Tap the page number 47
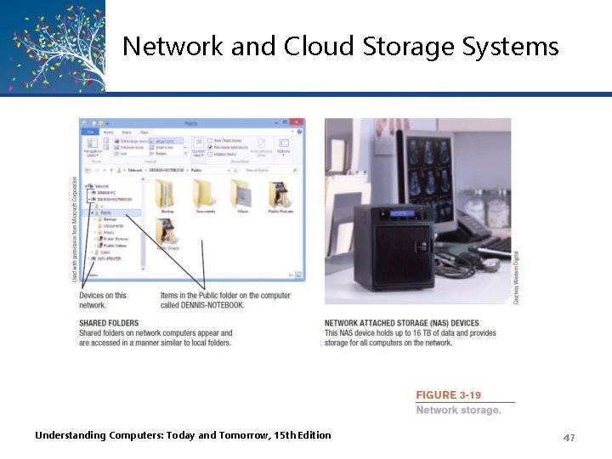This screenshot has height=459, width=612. (569, 437)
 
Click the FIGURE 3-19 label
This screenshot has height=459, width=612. (448, 395)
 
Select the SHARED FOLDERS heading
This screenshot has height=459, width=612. (109, 324)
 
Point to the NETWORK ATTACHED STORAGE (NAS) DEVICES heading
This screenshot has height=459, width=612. (402, 324)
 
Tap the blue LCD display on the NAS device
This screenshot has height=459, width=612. (400, 214)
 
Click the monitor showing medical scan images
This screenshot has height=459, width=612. (441, 170)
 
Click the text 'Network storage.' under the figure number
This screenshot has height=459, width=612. (458, 411)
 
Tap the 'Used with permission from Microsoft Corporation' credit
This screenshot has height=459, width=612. (74, 229)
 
